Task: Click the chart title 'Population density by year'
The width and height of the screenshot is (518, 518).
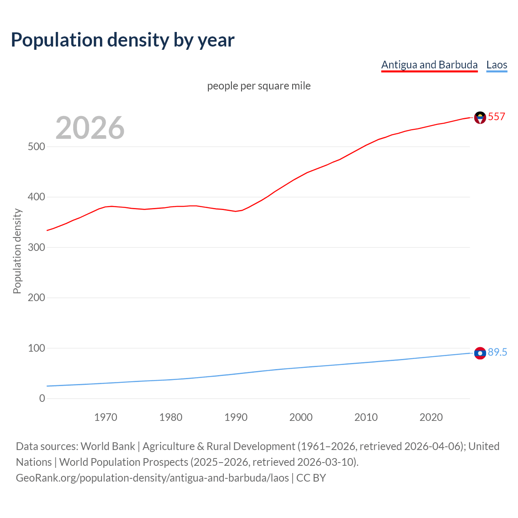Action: (123, 40)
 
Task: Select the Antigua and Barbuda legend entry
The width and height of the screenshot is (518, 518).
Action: (429, 65)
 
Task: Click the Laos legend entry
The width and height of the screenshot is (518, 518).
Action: (497, 65)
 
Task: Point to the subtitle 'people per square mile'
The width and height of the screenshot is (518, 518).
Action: (259, 86)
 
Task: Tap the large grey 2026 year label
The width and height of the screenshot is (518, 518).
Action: (90, 128)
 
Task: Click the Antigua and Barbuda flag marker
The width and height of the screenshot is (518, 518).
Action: (480, 117)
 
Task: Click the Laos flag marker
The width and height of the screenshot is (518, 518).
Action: (480, 353)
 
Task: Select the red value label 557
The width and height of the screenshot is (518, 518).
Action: (497, 117)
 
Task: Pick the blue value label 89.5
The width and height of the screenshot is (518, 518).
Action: (497, 352)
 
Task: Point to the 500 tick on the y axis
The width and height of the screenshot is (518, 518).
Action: (36, 146)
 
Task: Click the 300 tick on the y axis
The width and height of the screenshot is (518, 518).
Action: (36, 247)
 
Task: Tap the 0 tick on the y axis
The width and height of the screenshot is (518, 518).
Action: (42, 398)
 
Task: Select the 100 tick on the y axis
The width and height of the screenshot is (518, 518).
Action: (36, 348)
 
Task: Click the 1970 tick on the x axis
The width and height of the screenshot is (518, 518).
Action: (106, 417)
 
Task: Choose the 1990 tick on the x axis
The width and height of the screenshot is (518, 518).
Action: (236, 417)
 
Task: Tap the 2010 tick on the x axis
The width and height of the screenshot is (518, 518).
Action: (366, 417)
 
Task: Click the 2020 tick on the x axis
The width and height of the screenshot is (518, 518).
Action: (431, 417)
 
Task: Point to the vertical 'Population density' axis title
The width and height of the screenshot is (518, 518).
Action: (17, 251)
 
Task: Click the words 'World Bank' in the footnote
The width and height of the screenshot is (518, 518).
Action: (108, 446)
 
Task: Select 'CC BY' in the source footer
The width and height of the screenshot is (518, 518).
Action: (311, 478)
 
